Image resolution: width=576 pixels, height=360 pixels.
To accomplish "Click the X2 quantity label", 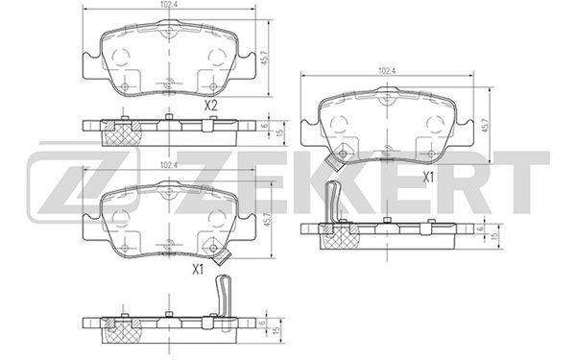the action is tap(211, 106).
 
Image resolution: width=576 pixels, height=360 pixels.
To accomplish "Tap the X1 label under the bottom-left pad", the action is tap(198, 270).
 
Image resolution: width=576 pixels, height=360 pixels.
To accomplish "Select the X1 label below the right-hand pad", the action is tap(428, 178).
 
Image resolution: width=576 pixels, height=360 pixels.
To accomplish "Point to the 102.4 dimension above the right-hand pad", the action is tap(387, 71).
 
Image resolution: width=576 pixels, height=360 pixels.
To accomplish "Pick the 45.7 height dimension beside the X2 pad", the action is tap(264, 57).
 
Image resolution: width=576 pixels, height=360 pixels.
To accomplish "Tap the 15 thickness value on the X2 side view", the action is tap(281, 132).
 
